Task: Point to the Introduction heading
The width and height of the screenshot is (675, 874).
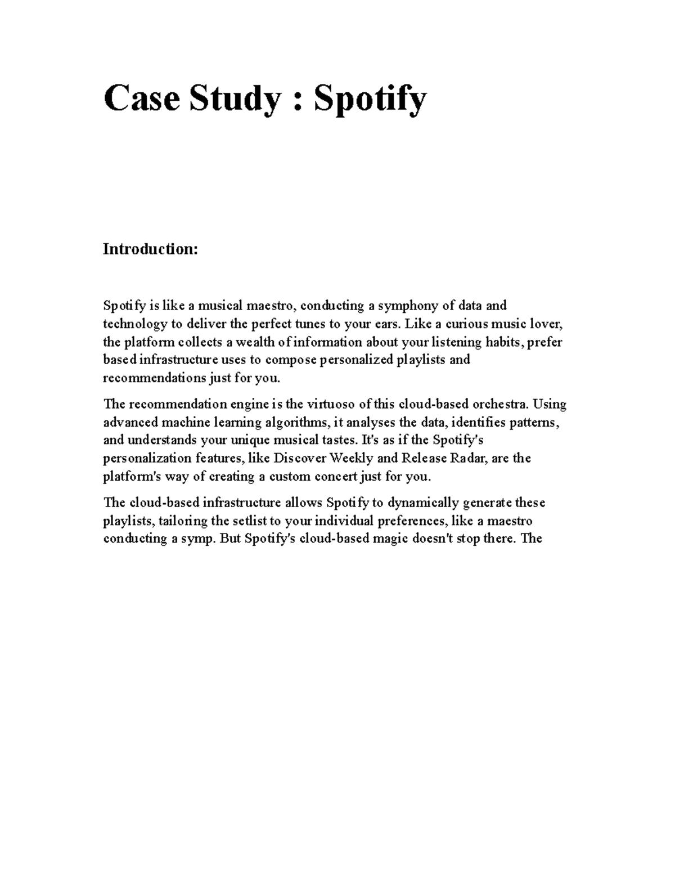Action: click(150, 249)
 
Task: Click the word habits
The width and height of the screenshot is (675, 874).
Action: click(501, 342)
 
